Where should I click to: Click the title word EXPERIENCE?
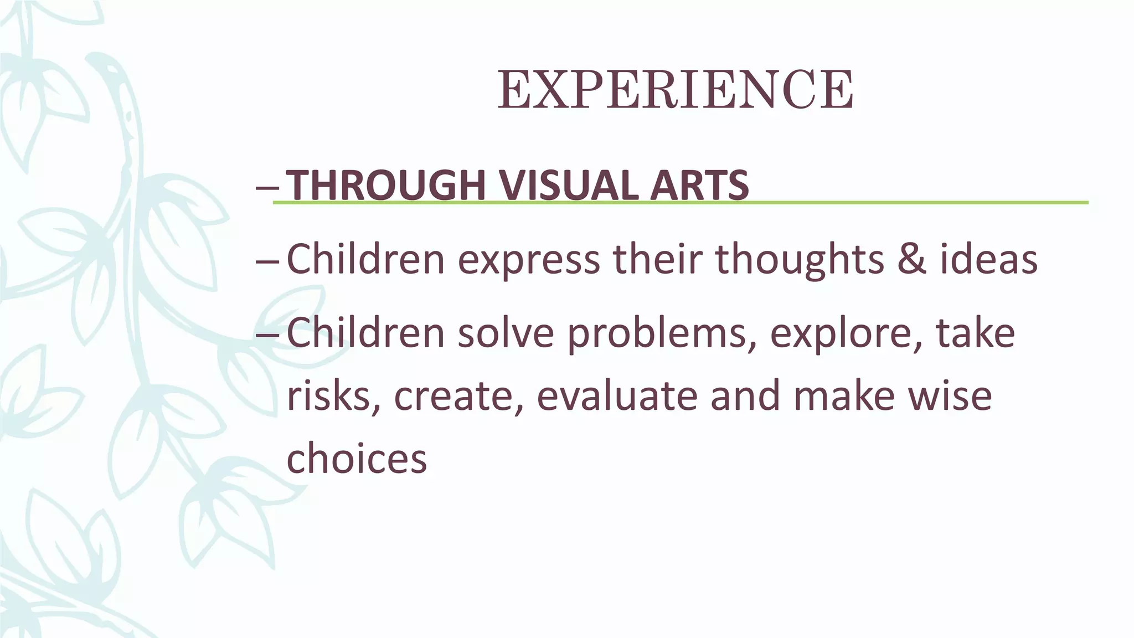[x=675, y=90]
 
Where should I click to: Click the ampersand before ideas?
[x=911, y=259]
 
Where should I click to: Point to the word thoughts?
[x=800, y=259]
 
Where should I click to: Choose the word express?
[x=529, y=260]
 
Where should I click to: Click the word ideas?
[x=988, y=259]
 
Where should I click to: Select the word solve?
[x=506, y=333]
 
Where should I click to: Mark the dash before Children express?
[x=269, y=260]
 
